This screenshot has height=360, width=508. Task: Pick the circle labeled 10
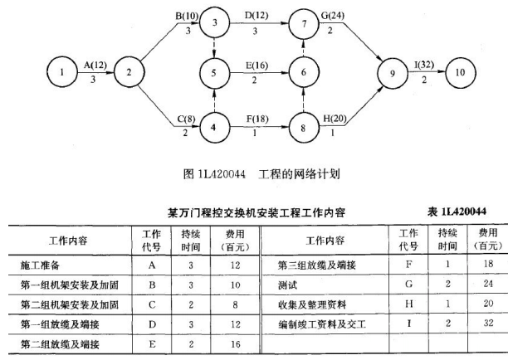coord(459,74)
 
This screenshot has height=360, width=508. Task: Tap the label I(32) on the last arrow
coord(420,64)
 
